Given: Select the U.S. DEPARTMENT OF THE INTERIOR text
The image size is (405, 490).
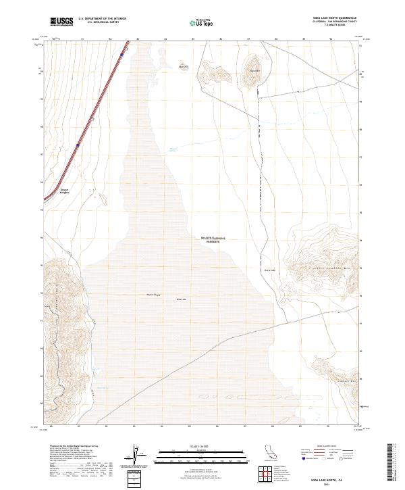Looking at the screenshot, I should click(x=102, y=19).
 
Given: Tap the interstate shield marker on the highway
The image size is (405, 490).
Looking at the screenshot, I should click(x=78, y=144).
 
